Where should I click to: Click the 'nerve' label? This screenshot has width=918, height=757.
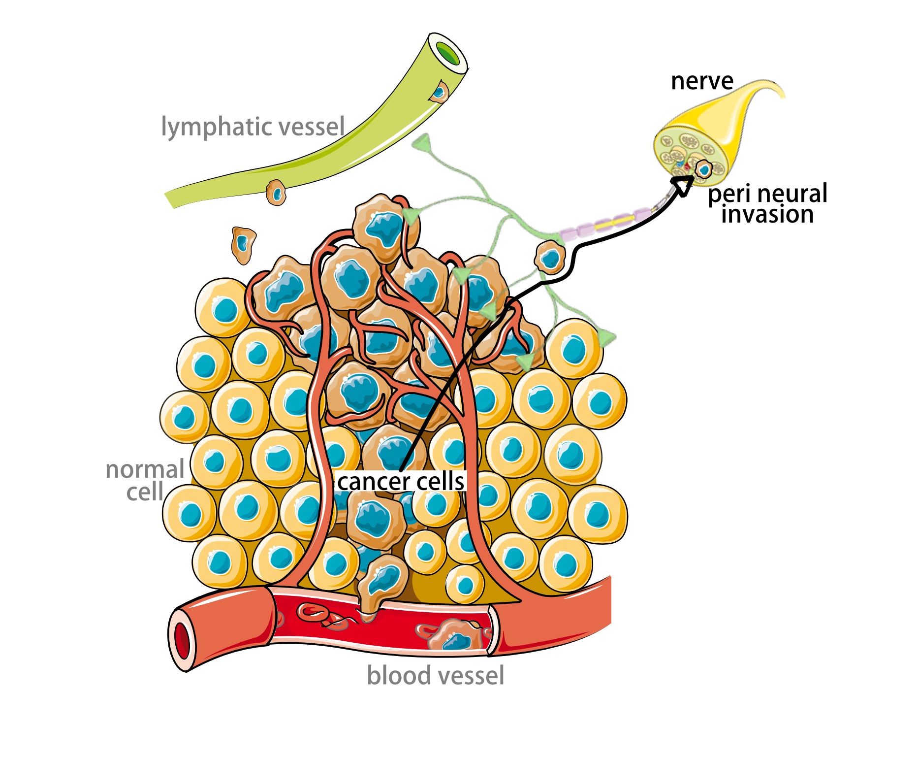pyautogui.click(x=702, y=81)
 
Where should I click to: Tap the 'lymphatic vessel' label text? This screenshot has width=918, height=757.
pyautogui.click(x=253, y=127)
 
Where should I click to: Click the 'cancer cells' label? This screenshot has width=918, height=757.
pyautogui.click(x=401, y=481)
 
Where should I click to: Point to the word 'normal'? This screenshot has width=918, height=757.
pyautogui.click(x=145, y=469)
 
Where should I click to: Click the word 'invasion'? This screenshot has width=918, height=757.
pyautogui.click(x=767, y=215)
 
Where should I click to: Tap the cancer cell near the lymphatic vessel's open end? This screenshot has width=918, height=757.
pyautogui.click(x=439, y=92)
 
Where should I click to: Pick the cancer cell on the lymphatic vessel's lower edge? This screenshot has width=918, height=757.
pyautogui.click(x=276, y=192)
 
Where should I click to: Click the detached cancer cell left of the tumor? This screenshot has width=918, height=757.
pyautogui.click(x=243, y=245)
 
